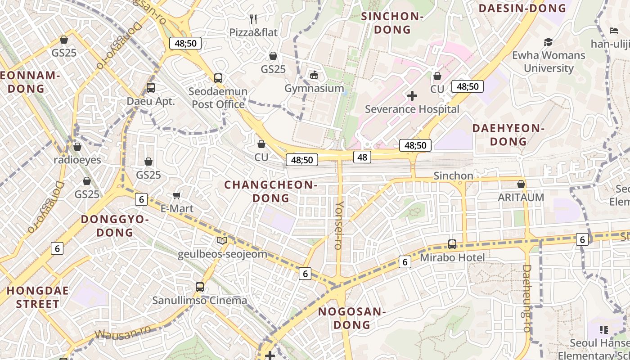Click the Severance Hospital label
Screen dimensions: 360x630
[412, 109]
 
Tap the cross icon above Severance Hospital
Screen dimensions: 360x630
[412, 95]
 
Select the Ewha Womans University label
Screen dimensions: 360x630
[548, 62]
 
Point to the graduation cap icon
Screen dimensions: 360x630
[548, 42]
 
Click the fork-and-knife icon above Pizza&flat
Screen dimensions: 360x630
[253, 19]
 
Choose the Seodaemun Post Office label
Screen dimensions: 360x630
[218, 98]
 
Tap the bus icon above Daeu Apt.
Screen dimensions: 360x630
[151, 88]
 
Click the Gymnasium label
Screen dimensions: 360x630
[314, 88]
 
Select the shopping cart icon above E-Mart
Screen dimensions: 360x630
[177, 195]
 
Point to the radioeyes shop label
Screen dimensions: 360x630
[77, 160]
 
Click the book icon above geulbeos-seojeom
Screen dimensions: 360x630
[222, 240]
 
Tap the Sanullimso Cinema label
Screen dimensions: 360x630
[199, 301]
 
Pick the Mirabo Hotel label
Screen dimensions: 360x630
[452, 258]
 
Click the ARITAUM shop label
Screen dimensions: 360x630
[521, 198]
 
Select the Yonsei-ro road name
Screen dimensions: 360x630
[339, 225]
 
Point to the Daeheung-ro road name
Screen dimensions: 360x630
[527, 298]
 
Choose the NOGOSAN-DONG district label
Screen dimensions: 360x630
[352, 318]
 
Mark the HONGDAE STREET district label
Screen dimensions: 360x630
[38, 297]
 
